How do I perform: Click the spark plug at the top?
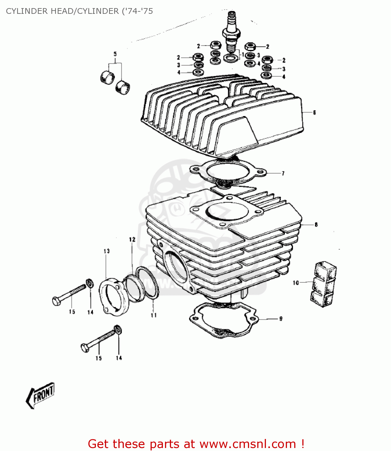click(231, 33)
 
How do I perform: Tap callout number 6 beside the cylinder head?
click(314, 112)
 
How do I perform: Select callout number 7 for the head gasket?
click(283, 173)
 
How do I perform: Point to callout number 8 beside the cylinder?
click(316, 225)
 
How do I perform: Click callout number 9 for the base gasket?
click(281, 319)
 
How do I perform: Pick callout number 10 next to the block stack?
click(296, 283)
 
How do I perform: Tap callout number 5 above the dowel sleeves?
click(115, 54)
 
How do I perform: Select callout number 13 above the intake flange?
click(107, 251)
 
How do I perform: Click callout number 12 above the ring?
click(132, 240)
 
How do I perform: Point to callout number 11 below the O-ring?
click(154, 315)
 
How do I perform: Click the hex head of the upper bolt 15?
click(56, 301)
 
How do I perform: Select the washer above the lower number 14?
click(118, 330)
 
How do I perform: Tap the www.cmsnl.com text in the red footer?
click(248, 444)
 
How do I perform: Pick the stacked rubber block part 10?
click(323, 284)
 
